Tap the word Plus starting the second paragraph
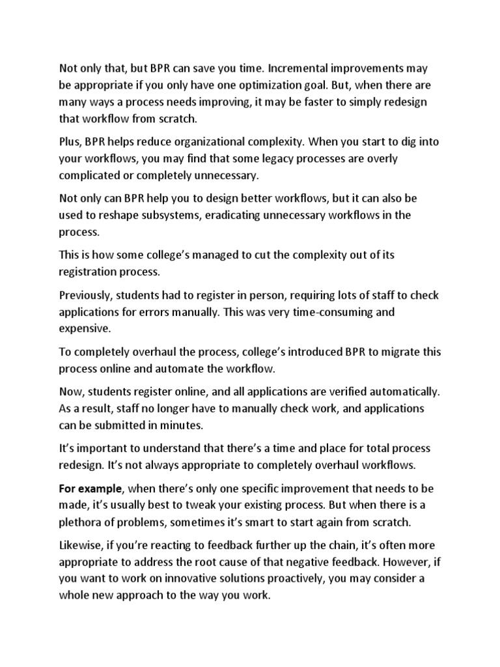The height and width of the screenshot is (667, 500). click(x=70, y=142)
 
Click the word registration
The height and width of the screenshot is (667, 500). click(x=91, y=272)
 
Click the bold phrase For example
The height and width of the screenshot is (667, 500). click(x=90, y=489)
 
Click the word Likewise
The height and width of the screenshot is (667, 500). click(x=83, y=545)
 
